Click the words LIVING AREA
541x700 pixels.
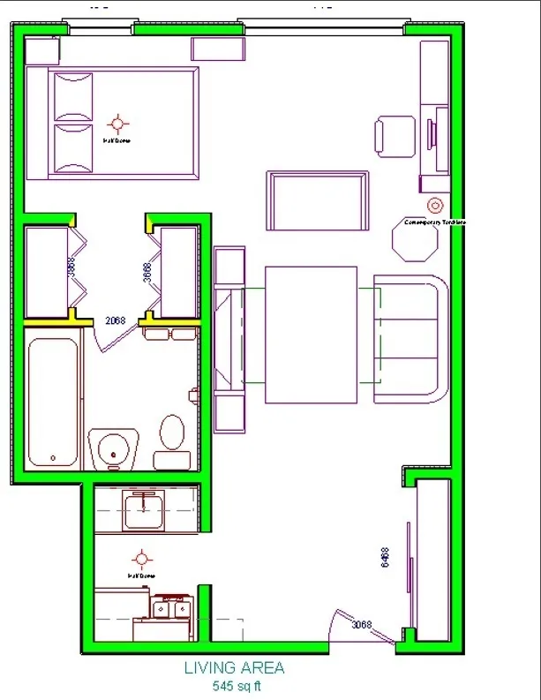point(235,668)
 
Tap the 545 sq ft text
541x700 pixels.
point(236,685)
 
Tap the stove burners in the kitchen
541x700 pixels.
point(171,607)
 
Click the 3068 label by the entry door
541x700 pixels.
point(362,624)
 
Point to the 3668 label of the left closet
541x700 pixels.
point(71,267)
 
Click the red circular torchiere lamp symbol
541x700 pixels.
point(434,205)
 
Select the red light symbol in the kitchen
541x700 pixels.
point(141,559)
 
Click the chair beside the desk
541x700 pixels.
point(394,137)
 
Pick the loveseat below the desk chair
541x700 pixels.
point(318,200)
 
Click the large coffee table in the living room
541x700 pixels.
point(311,334)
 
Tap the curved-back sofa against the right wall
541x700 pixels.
point(411,339)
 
